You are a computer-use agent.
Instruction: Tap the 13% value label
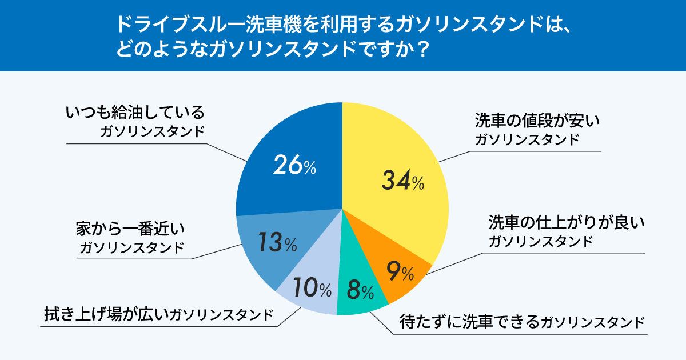tap(277, 243)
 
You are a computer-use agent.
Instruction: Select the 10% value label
tap(312, 289)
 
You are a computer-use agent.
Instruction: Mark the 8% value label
tap(360, 291)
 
